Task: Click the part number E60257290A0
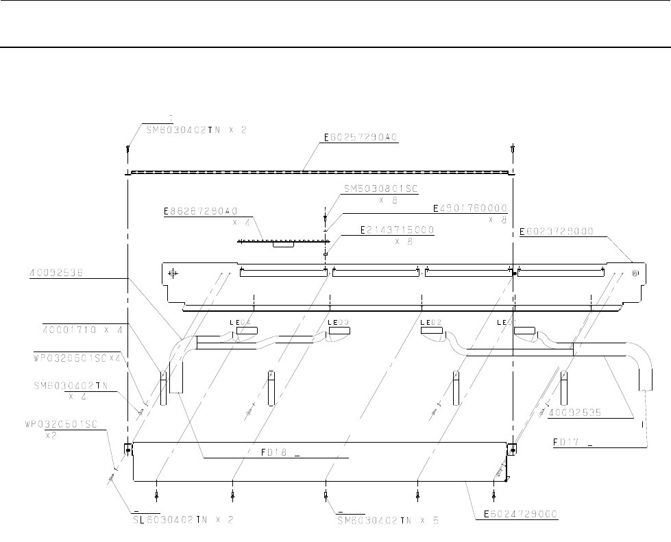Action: [x=361, y=138]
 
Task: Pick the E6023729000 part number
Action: [x=556, y=232]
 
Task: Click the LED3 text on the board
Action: [x=339, y=322]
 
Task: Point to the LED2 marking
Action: [x=430, y=322]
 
